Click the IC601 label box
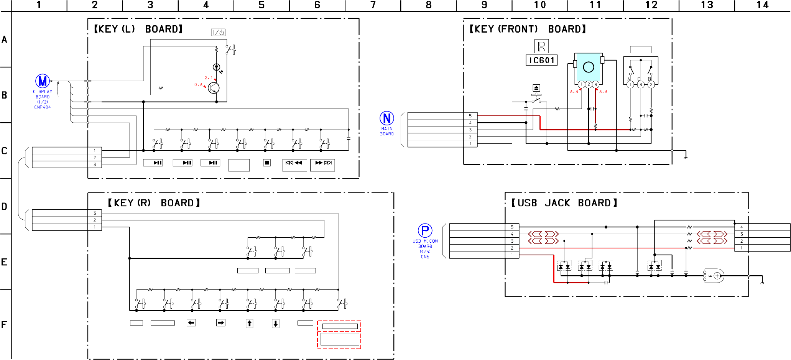[541, 60]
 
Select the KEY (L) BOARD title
[138, 29]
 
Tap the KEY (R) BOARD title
[154, 203]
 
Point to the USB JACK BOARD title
[564, 203]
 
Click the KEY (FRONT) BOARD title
[528, 29]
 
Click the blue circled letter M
[43, 81]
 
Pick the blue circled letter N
[387, 118]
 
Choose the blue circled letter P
[425, 230]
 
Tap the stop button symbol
[267, 163]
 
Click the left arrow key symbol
[191, 323]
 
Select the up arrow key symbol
[249, 324]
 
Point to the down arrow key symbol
[275, 324]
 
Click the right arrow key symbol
[221, 323]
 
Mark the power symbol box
[218, 33]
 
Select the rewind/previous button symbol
[294, 163]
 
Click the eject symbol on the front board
[536, 88]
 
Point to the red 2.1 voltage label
[209, 77]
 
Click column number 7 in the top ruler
[373, 5]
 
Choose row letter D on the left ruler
[4, 206]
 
